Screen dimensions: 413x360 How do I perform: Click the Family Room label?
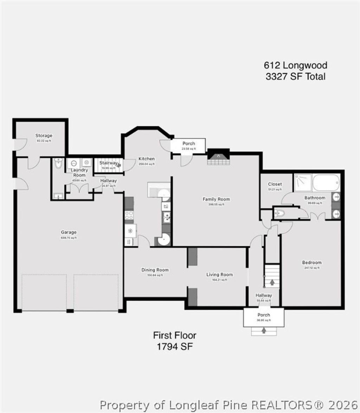point(216,199)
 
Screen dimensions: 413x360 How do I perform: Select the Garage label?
point(69,232)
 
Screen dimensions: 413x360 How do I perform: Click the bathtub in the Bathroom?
point(326,183)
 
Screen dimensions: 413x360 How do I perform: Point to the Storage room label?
point(44,135)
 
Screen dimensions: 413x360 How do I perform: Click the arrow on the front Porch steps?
point(264,330)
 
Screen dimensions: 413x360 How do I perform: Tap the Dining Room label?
point(155,270)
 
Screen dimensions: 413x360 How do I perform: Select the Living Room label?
point(219,274)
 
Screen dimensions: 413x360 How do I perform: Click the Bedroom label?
point(311,262)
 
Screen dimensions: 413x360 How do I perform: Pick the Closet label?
point(275,184)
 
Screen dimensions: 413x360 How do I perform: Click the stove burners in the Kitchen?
point(129,215)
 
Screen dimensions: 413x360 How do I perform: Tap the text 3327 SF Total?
point(296,76)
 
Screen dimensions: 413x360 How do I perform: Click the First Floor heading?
point(174,335)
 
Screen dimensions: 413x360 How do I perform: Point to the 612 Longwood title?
point(296,65)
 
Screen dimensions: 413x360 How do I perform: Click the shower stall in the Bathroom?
point(302,182)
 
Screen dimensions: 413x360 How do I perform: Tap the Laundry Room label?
point(79,172)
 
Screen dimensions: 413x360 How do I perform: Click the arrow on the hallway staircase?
point(272,282)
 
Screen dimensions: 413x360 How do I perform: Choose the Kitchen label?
point(146,159)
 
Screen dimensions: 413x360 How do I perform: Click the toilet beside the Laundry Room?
point(58,163)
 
